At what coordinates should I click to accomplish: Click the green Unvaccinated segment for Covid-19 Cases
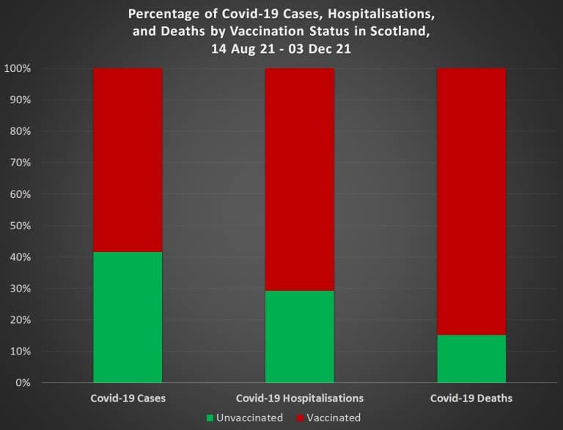(x=128, y=317)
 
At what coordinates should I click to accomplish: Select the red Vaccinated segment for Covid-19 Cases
(x=128, y=160)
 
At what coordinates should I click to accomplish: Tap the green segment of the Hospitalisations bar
(x=299, y=336)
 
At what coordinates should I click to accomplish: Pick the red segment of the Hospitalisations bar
(x=299, y=179)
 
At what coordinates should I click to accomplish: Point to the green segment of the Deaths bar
(x=471, y=359)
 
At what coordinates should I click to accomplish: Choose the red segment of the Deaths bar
(x=471, y=201)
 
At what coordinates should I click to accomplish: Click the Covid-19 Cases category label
(x=128, y=399)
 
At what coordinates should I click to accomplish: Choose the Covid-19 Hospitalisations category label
(x=299, y=399)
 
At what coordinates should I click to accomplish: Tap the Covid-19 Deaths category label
(x=471, y=399)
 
